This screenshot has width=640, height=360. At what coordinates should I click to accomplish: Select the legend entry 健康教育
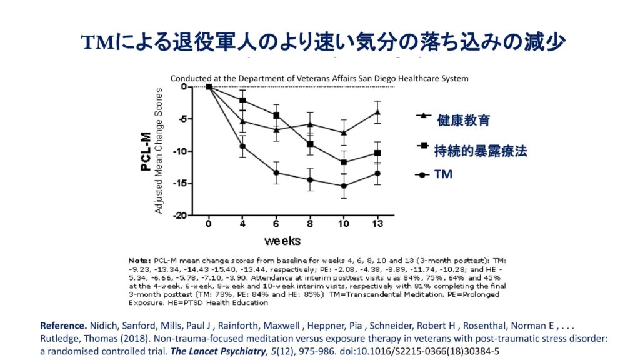tap(463, 121)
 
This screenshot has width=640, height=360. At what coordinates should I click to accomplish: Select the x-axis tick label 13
tap(377, 224)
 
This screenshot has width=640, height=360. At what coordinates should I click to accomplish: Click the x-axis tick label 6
tap(276, 224)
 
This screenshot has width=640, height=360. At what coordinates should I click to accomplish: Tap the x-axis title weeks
tap(281, 241)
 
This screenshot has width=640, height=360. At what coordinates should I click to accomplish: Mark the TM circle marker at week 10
tap(343, 186)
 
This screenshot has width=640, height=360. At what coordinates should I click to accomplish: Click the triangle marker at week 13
tap(377, 112)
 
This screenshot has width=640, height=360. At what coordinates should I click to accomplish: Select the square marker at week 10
tap(343, 162)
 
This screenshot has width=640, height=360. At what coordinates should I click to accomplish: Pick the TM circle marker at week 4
tap(242, 146)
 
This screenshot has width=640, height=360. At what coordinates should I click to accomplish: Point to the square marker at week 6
tap(276, 116)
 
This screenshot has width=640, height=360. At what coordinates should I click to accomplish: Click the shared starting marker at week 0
tap(209, 87)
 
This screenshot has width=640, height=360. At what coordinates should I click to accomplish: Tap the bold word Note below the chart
tap(139, 259)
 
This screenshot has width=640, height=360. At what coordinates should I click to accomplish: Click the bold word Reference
tap(63, 326)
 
